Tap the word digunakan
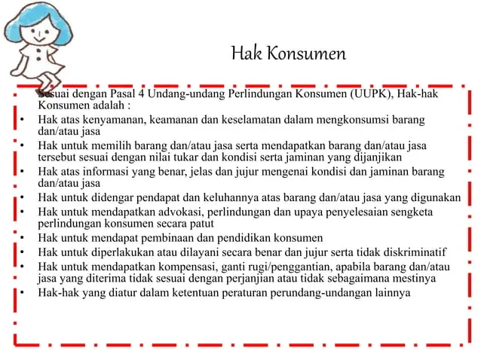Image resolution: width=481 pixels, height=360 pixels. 434,197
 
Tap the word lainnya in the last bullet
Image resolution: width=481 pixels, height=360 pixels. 390,292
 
